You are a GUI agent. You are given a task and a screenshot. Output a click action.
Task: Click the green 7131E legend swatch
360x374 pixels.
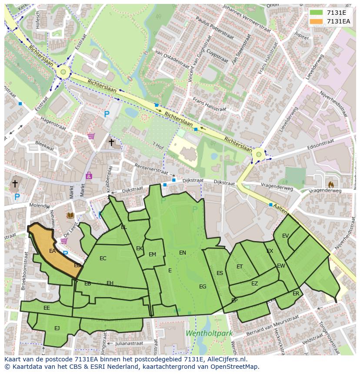pyautogui.click(x=317, y=13)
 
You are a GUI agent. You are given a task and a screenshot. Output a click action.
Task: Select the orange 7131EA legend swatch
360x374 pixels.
pyautogui.click(x=317, y=21)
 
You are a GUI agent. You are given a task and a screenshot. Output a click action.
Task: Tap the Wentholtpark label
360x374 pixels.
pyautogui.click(x=209, y=334)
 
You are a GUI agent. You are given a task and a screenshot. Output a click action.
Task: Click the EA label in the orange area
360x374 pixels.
pyautogui.click(x=52, y=251)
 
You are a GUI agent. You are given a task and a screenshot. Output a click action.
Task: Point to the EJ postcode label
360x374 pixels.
pyautogui.click(x=57, y=328)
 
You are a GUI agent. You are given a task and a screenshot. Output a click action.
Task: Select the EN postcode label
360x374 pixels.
pyautogui.click(x=183, y=252)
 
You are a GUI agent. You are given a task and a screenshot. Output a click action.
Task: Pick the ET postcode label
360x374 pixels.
pyautogui.click(x=240, y=266)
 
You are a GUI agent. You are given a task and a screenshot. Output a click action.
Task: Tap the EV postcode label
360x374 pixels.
pyautogui.click(x=285, y=236)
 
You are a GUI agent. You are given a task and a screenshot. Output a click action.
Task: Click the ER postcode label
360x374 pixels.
pyautogui.click(x=296, y=293)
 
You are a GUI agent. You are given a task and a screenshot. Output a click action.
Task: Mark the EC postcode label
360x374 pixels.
pyautogui.click(x=103, y=258)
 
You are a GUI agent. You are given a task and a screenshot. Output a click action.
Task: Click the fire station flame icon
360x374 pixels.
pyautogui.click(x=330, y=184)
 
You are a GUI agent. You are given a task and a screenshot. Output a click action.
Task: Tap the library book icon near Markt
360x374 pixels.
pyautogui.click(x=70, y=215)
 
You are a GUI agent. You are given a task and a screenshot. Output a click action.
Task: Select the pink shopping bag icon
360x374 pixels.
pyautogui.click(x=89, y=175)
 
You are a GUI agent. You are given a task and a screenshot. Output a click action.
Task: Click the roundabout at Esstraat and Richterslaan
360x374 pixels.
pyautogui.click(x=63, y=72)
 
